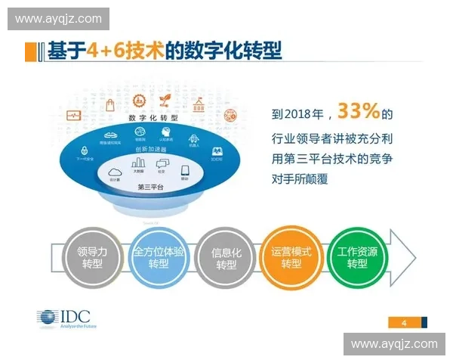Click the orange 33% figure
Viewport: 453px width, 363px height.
point(359,112)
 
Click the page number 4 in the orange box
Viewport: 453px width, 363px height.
point(405,323)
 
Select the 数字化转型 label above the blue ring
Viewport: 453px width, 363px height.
point(153,119)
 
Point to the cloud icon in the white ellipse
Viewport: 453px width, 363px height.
point(116,172)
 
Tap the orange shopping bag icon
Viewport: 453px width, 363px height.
point(109,105)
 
